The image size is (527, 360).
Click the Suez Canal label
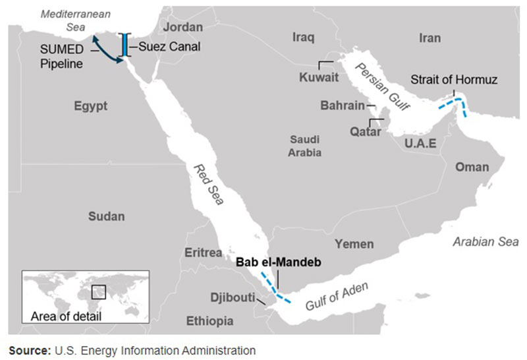[169, 47]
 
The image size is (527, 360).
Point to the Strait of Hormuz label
[454, 80]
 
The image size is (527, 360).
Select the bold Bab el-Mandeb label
[277, 262]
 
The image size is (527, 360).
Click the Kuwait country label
[319, 77]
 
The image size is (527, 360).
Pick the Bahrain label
[342, 105]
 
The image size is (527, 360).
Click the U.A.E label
[421, 142]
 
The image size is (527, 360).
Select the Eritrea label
[204, 253]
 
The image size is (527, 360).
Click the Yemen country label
[354, 244]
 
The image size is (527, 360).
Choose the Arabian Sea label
[485, 242]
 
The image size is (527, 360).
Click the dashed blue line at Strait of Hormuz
[457, 104]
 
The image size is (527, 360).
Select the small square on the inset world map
[99, 291]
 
